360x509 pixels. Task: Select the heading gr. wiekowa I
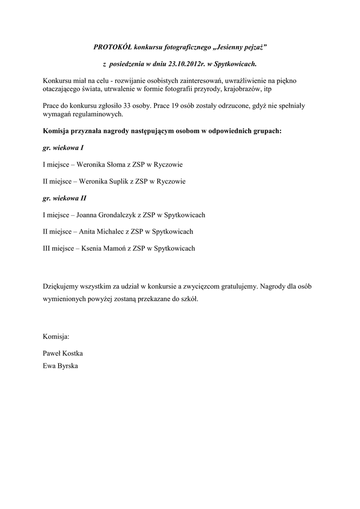point(62,148)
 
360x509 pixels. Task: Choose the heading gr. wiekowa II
point(64,198)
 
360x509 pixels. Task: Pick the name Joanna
point(87,215)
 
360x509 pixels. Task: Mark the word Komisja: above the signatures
point(56,337)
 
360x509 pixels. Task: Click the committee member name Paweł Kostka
point(63,353)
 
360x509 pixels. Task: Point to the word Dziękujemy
point(62,286)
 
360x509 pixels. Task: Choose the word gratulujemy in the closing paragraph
point(238,286)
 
